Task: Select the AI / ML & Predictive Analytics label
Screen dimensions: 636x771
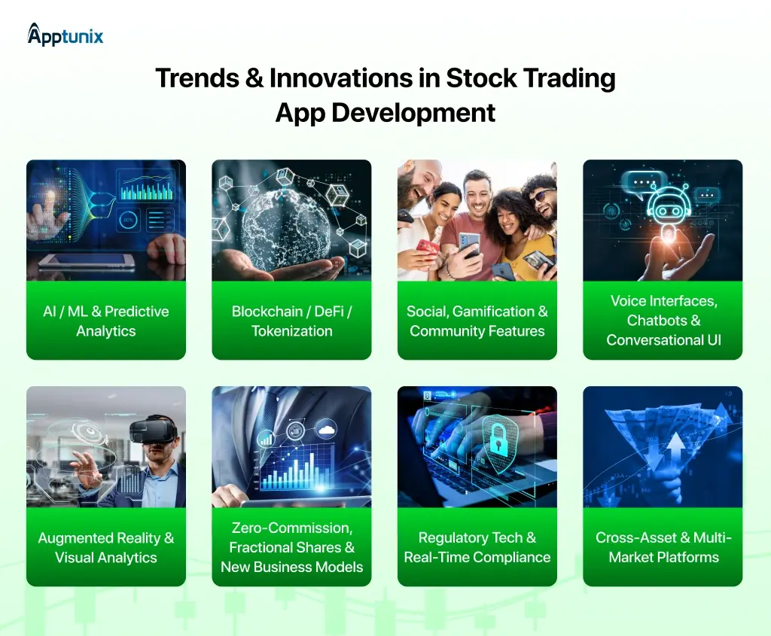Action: tap(106, 321)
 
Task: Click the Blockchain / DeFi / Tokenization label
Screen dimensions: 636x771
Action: tap(291, 321)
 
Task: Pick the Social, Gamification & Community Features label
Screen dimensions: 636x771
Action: tap(477, 321)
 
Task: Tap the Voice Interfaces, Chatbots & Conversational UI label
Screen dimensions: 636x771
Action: tap(663, 321)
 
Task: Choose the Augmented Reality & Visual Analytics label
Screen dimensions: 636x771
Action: tap(106, 548)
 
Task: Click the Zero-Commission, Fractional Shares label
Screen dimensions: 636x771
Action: tap(291, 547)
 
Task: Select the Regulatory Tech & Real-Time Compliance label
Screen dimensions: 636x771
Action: tap(477, 548)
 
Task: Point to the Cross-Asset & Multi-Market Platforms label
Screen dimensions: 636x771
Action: tap(663, 547)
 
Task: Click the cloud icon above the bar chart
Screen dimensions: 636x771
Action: tap(326, 431)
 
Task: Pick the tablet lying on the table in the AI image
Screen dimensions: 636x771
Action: tap(87, 260)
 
